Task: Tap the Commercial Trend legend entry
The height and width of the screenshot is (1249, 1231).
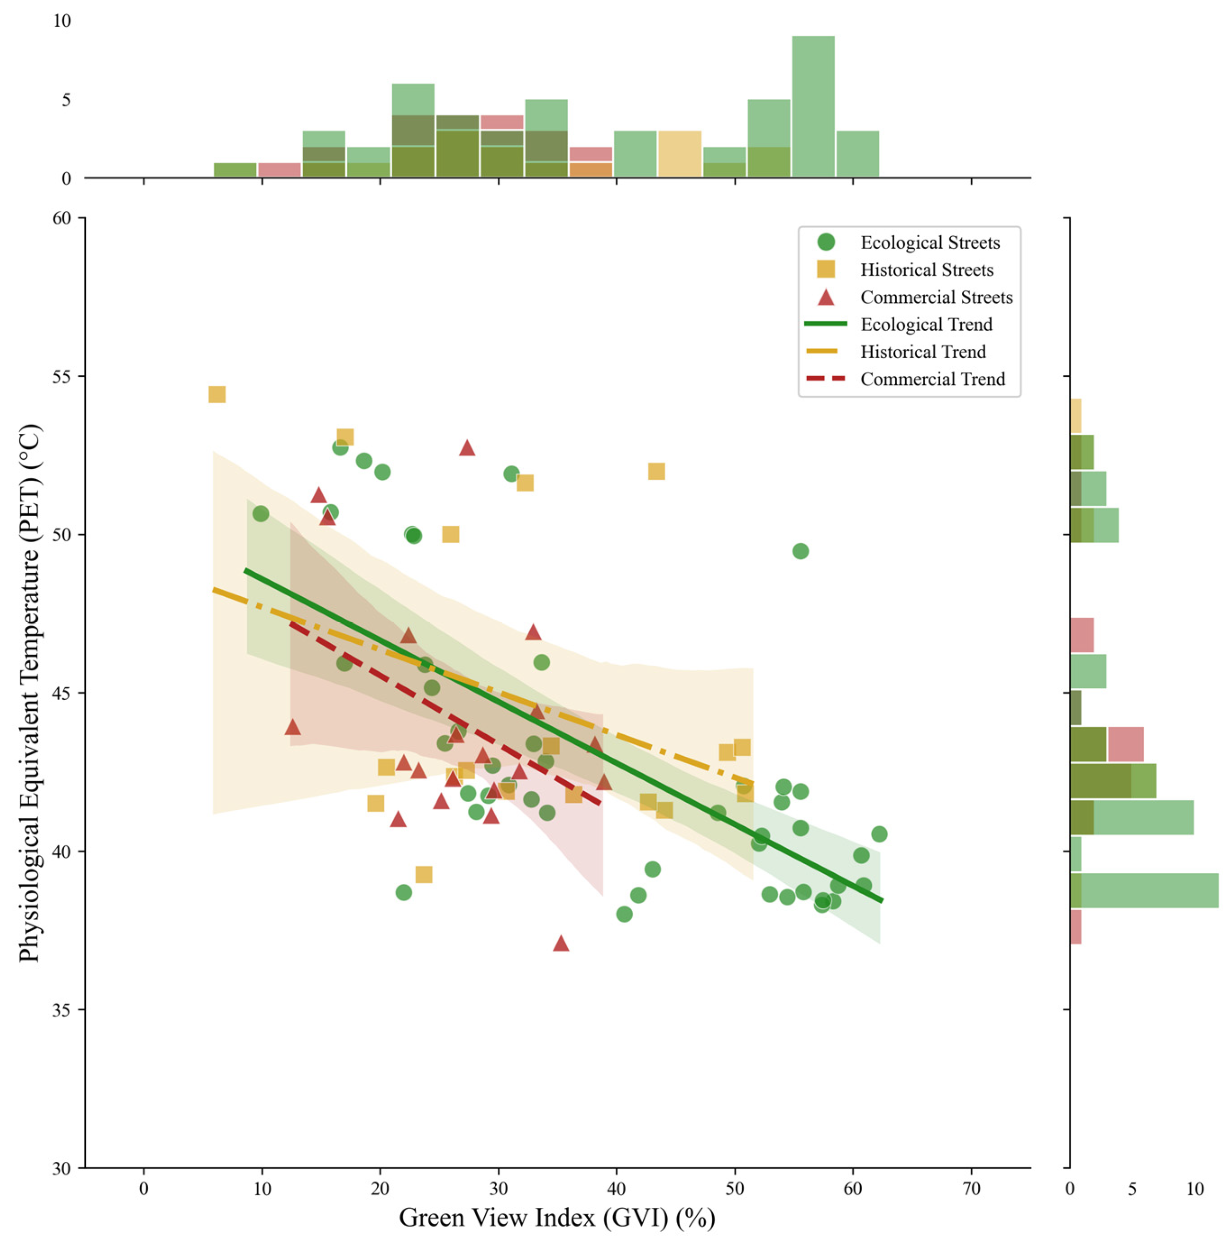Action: pyautogui.click(x=905, y=379)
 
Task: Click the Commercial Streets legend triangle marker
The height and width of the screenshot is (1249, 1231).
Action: pyautogui.click(x=826, y=297)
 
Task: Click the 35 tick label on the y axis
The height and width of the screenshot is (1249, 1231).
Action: pyautogui.click(x=61, y=1010)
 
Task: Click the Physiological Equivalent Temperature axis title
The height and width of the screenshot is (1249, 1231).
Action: pyautogui.click(x=29, y=693)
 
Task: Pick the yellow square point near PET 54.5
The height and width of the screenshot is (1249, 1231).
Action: pyautogui.click(x=217, y=394)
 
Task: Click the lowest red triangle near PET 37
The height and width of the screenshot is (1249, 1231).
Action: pyautogui.click(x=561, y=943)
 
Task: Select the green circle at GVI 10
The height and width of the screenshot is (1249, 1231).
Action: pyautogui.click(x=261, y=514)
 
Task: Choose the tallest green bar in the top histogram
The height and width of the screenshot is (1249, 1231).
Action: pyautogui.click(x=813, y=107)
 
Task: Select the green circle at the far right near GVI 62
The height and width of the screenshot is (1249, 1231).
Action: pyautogui.click(x=879, y=834)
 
